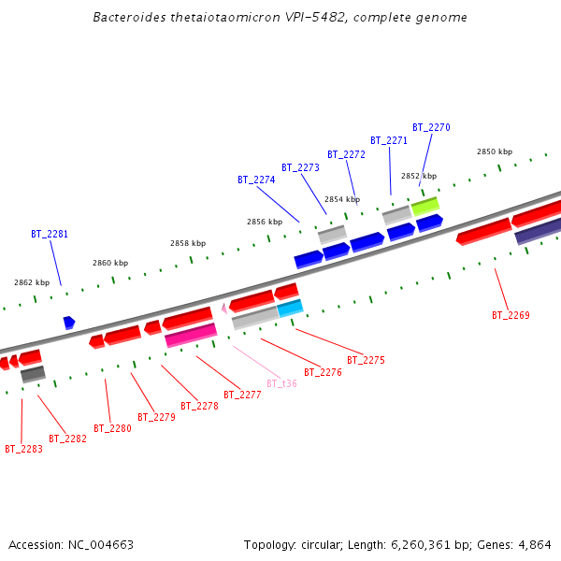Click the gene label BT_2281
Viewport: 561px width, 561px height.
point(50,234)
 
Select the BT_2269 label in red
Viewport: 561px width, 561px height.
point(511,315)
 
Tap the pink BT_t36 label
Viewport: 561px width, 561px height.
point(281,383)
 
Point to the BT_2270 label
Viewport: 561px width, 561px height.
point(431,127)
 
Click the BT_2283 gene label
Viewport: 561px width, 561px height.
point(23,449)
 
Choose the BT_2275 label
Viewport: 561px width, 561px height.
point(366,360)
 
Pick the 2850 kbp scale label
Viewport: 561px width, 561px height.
point(495,151)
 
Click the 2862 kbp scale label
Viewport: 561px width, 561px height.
point(32,282)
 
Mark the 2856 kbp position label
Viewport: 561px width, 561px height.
point(265,222)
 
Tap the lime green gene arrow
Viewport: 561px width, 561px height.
point(424,204)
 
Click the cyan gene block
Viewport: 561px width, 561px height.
point(290,308)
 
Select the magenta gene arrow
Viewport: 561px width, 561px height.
point(191,335)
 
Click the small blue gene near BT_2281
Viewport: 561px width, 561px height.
point(69,323)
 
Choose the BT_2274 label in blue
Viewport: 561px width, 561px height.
point(256,180)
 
